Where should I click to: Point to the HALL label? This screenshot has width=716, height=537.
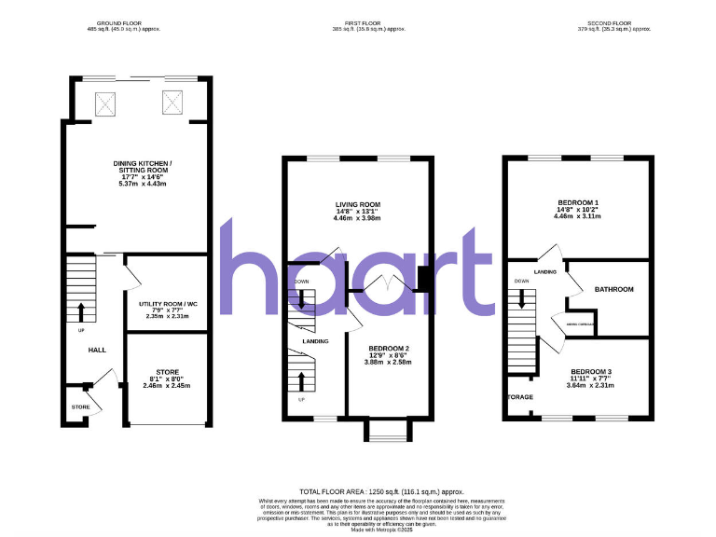click(96, 350)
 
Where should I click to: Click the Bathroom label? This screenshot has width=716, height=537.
click(614, 289)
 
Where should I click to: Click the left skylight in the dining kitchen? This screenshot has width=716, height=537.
click(103, 103)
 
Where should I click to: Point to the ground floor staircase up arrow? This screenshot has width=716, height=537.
click(81, 311)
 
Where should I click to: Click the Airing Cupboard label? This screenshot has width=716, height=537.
click(582, 324)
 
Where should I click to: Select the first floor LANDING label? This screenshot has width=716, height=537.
click(315, 341)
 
